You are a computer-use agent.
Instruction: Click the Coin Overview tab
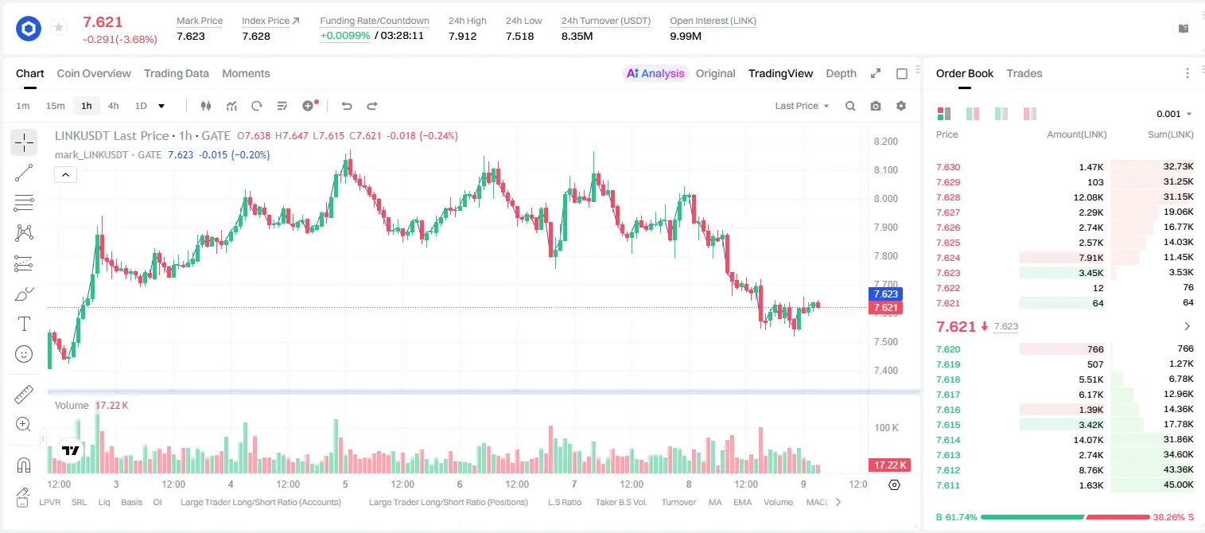click(94, 73)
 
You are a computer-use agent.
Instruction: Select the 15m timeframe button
click(56, 106)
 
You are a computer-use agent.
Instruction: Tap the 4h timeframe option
click(114, 106)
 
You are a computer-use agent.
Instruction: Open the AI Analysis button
click(655, 73)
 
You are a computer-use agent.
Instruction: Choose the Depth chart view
click(841, 73)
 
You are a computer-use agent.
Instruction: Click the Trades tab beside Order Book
click(1024, 73)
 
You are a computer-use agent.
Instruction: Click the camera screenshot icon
click(876, 106)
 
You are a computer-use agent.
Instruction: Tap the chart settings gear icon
click(901, 106)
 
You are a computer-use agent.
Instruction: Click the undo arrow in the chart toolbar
click(347, 106)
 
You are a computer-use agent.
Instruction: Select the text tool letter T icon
click(24, 324)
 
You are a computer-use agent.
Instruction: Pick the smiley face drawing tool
click(24, 354)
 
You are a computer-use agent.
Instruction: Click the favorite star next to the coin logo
click(59, 27)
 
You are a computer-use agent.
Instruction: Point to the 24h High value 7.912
click(463, 36)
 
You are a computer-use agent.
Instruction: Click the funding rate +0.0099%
click(345, 36)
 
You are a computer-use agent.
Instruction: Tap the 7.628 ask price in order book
click(948, 197)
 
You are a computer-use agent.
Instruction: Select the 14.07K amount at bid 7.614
click(1088, 439)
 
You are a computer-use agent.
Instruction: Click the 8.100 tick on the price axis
click(886, 170)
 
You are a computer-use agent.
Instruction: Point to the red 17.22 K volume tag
click(889, 465)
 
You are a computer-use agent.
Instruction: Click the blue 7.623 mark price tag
click(885, 294)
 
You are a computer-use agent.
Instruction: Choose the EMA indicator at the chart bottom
click(742, 502)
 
